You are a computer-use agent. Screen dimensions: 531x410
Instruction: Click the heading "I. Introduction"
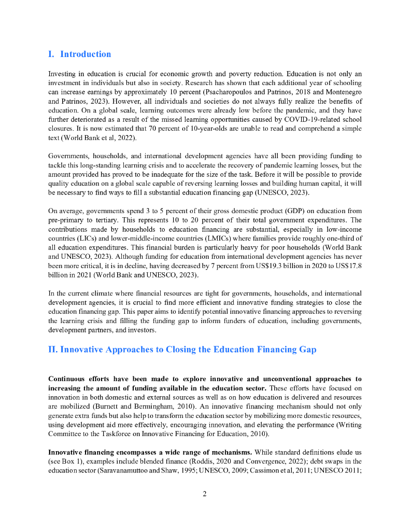point(79,54)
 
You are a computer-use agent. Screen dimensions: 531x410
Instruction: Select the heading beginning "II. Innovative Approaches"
point(182,350)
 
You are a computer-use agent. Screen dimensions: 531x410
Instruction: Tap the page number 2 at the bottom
point(205,494)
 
